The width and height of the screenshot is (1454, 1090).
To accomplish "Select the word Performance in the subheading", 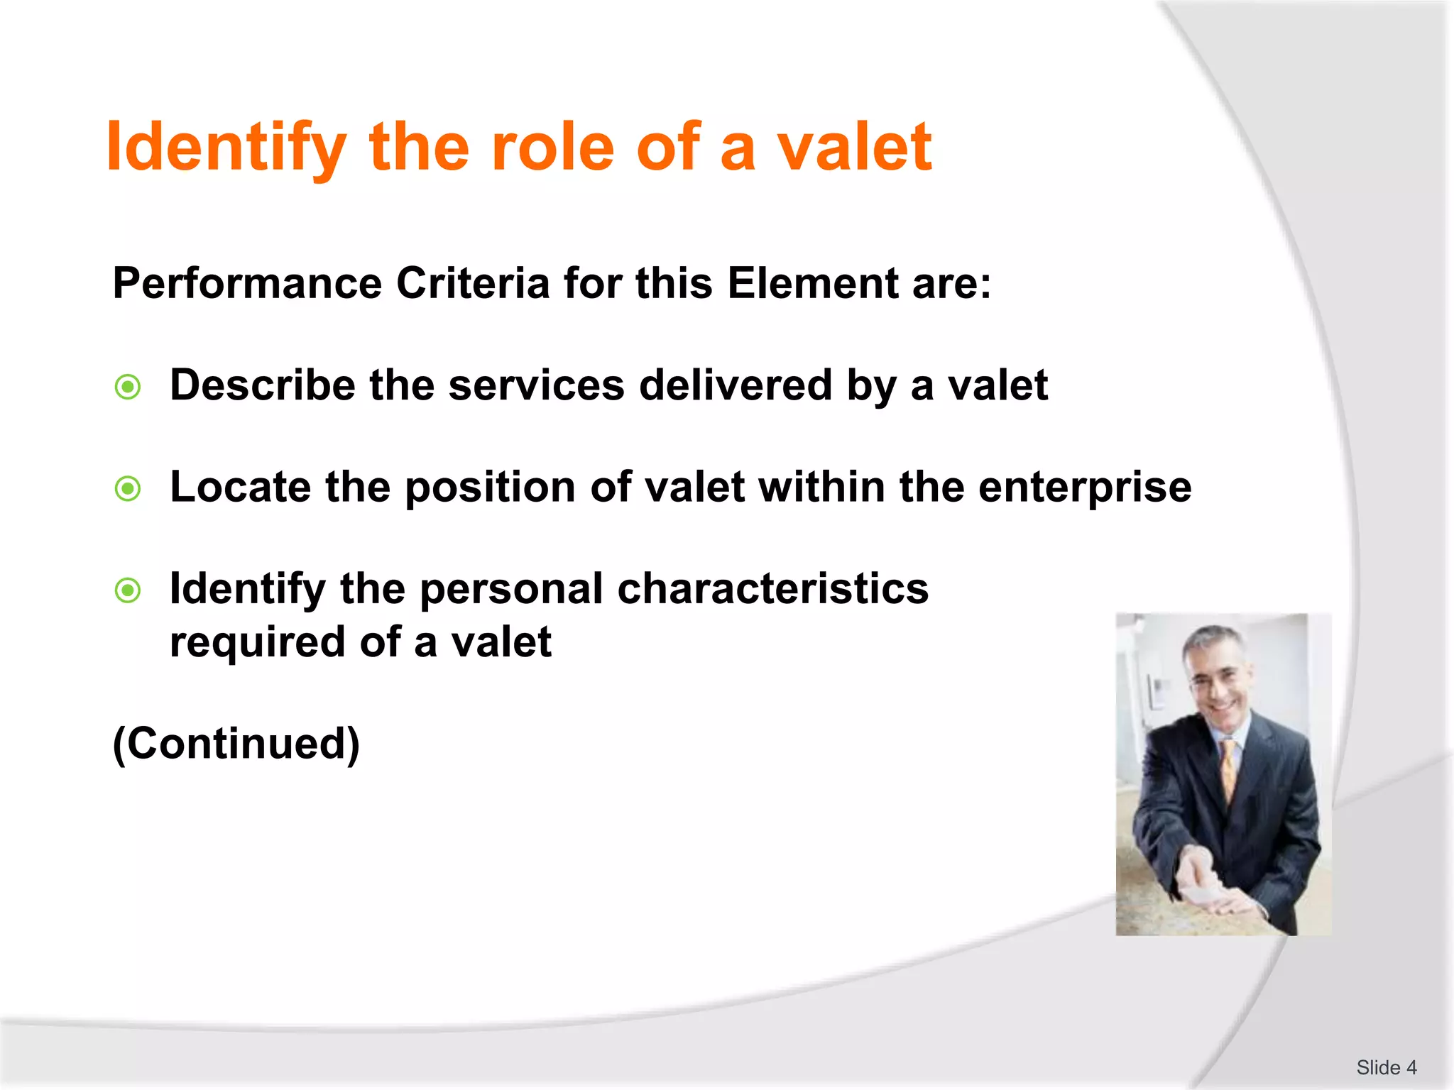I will pyautogui.click(x=247, y=283).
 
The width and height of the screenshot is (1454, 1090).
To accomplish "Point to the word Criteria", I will pyautogui.click(x=473, y=283).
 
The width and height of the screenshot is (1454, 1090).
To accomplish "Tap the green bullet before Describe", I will pyautogui.click(x=128, y=387).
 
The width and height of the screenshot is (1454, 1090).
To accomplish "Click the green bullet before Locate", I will pyautogui.click(x=128, y=488).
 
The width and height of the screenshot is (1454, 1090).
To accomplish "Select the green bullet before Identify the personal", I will pyautogui.click(x=128, y=590).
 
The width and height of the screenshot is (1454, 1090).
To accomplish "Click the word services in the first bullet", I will pyautogui.click(x=536, y=385).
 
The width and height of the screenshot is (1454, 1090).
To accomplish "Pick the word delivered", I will pyautogui.click(x=735, y=385).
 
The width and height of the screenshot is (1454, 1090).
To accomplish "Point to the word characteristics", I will pyautogui.click(x=772, y=589).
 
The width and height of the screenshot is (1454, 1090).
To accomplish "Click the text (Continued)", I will pyautogui.click(x=236, y=744).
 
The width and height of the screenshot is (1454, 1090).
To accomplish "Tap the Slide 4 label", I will pyautogui.click(x=1386, y=1067).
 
